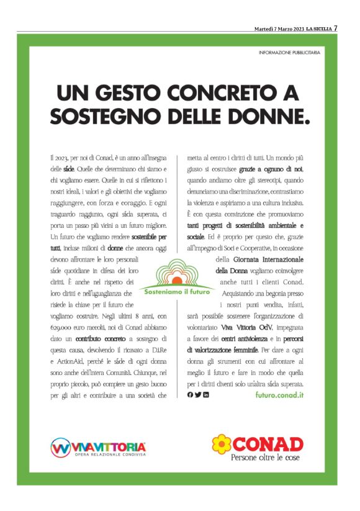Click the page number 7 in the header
point(335,28)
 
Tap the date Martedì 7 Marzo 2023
point(279,29)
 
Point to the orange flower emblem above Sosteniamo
point(176,271)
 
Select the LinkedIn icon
point(206,395)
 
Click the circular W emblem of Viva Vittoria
point(60,447)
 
